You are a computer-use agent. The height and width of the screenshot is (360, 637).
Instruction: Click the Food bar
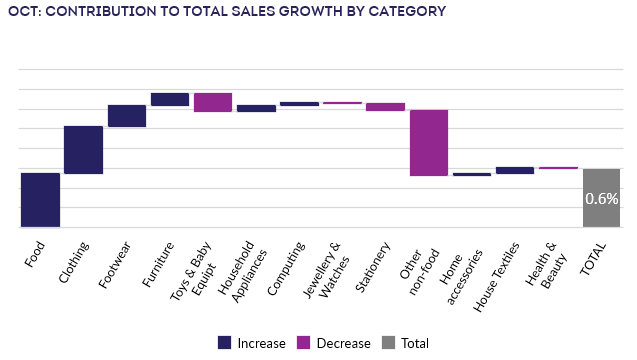point(40,200)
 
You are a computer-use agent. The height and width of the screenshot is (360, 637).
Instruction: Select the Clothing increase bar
point(83,150)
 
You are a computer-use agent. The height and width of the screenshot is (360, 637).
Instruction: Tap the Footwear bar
point(127,116)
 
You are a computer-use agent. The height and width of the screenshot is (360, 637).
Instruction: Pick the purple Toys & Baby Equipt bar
point(213,102)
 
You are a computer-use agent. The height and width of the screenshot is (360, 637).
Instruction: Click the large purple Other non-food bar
point(429,142)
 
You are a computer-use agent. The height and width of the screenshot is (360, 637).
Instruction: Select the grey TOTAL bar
point(601,198)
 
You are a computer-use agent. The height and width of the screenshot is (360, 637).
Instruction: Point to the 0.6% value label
point(601,199)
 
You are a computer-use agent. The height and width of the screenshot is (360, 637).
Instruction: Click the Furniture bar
point(170,99)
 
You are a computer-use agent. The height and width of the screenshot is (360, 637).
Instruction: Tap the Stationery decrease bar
point(385,106)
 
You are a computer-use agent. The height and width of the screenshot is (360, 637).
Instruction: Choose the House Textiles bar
point(515,170)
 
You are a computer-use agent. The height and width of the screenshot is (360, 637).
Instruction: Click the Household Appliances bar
point(256,108)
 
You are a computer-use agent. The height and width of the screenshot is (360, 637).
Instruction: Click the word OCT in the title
point(23,11)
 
